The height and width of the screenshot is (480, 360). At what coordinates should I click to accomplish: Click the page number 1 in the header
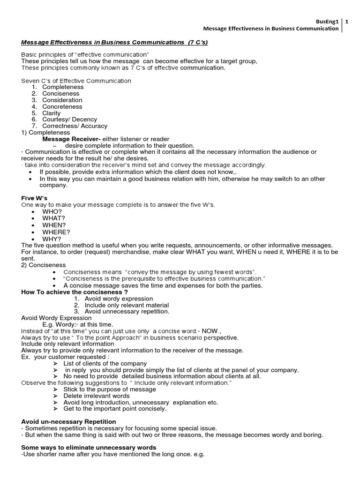pos(346,21)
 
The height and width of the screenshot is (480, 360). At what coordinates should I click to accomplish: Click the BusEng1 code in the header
pos(327,21)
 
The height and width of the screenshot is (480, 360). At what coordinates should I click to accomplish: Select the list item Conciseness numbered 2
pos(60,93)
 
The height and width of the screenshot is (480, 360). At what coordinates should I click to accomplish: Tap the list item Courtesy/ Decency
pos(69,120)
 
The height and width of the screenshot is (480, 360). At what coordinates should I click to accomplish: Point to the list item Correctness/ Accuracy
pos(75,126)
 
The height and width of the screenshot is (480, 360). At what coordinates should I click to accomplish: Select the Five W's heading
pos(34,198)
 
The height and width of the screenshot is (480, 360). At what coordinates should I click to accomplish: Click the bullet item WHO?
pos(52,212)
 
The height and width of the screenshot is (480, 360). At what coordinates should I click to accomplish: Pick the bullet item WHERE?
pos(56,232)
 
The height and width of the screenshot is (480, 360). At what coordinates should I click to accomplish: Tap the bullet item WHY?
pos(52,239)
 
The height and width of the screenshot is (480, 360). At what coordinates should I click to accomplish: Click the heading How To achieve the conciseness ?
pos(75,292)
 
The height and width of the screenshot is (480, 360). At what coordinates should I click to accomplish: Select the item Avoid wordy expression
pos(119,299)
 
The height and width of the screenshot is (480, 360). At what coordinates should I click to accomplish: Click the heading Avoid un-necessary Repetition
pos(68,422)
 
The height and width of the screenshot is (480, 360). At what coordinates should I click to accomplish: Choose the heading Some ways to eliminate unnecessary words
pos(89,448)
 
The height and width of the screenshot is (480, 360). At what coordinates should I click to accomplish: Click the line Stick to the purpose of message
pos(110,389)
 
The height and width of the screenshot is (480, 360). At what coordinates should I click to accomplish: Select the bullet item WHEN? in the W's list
pos(54,225)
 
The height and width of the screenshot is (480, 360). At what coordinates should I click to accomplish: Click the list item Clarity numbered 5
pos(51,113)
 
